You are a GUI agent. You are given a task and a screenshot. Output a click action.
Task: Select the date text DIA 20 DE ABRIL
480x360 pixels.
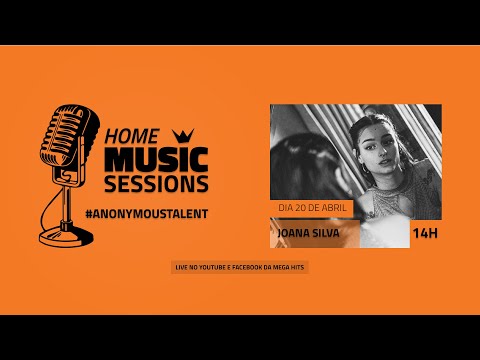(x=310, y=209)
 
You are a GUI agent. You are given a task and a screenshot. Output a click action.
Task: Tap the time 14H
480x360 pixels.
(x=426, y=235)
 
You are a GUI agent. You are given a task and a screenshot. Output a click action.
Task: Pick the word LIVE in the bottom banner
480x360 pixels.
(x=181, y=268)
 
